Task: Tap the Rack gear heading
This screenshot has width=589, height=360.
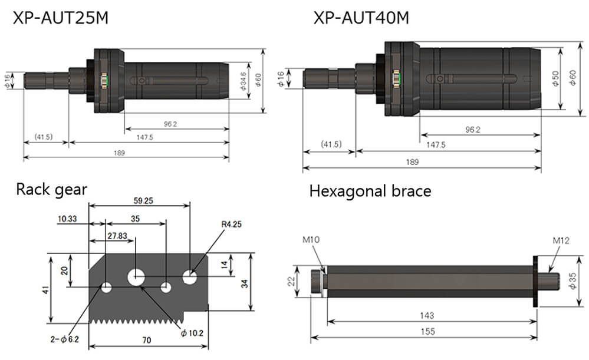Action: coord(51,189)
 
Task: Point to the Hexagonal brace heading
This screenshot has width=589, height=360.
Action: coord(370,191)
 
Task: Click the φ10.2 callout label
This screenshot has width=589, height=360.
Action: coord(192,333)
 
